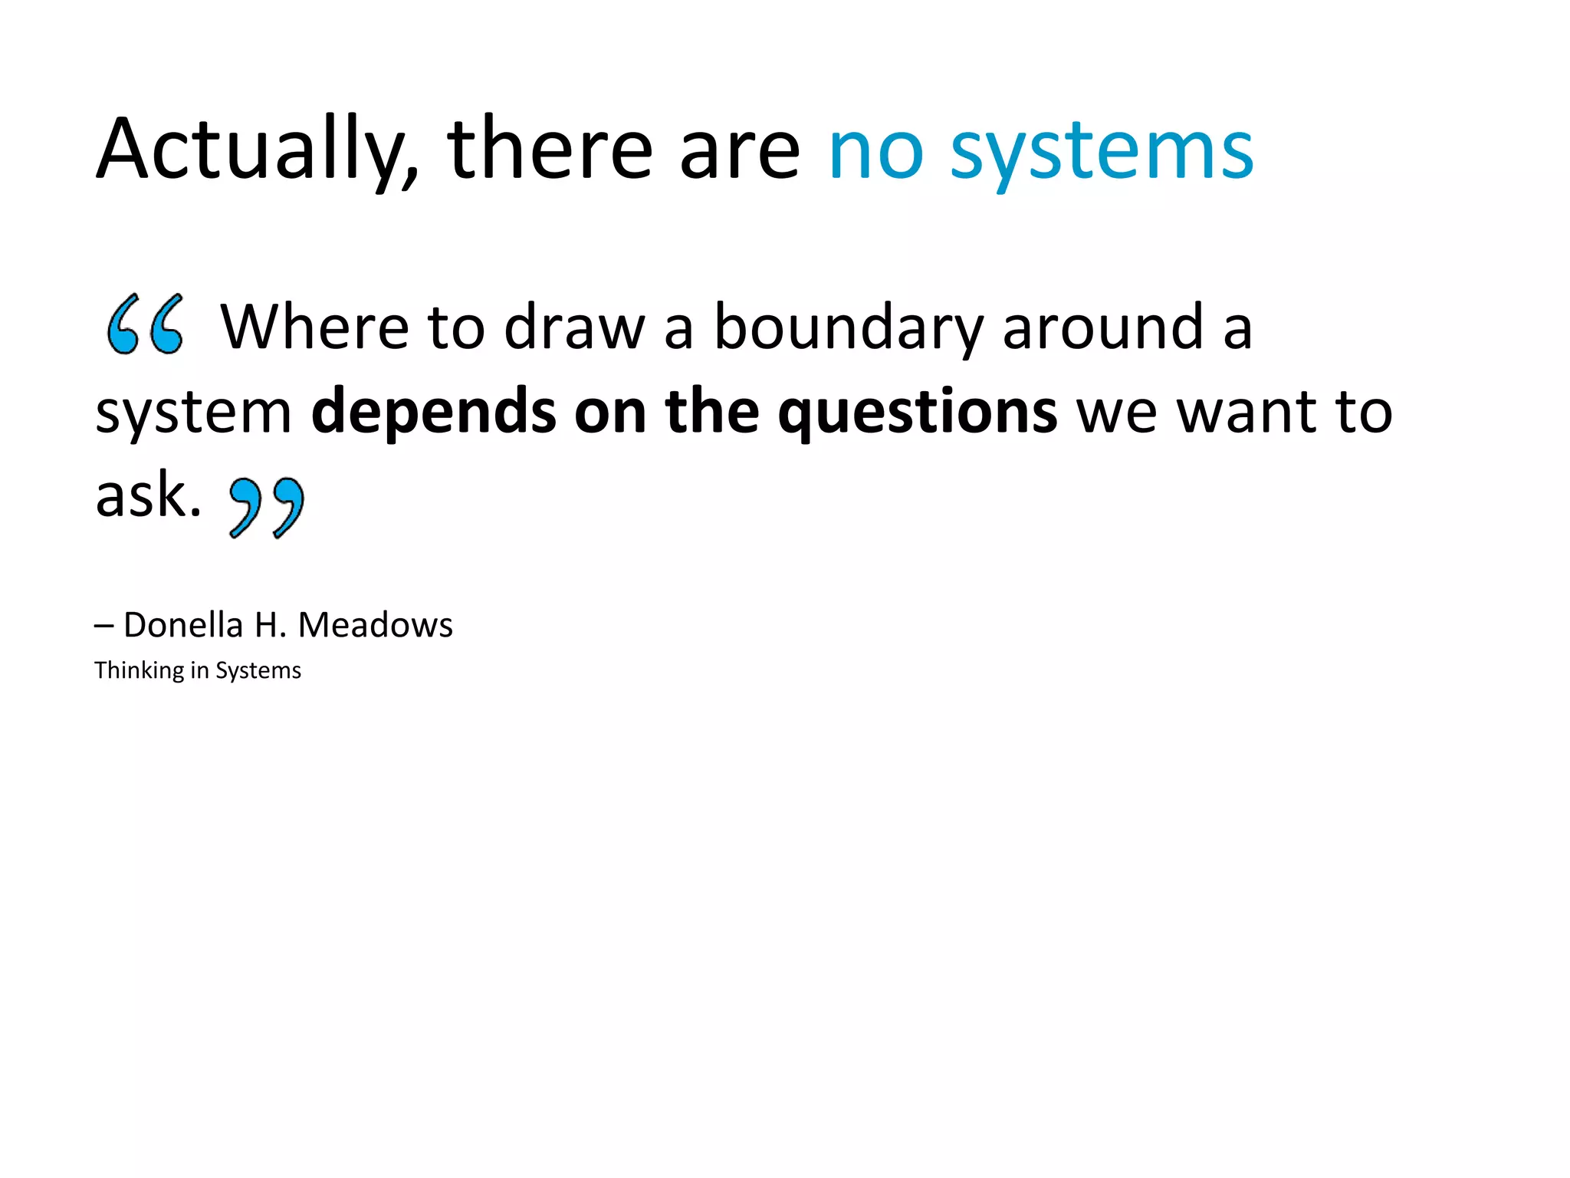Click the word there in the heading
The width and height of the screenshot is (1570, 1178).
[548, 150]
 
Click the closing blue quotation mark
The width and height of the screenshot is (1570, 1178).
[267, 507]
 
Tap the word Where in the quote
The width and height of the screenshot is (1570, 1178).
[314, 327]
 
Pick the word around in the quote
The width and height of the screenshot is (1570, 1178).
[1102, 327]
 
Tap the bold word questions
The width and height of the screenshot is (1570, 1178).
[917, 413]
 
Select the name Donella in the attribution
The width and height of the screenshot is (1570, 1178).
[183, 625]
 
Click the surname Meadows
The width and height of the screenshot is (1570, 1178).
[375, 625]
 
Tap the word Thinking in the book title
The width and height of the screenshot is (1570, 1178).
[139, 670]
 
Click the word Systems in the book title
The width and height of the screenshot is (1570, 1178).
[258, 670]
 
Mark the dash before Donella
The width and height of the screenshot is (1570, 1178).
[104, 626]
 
